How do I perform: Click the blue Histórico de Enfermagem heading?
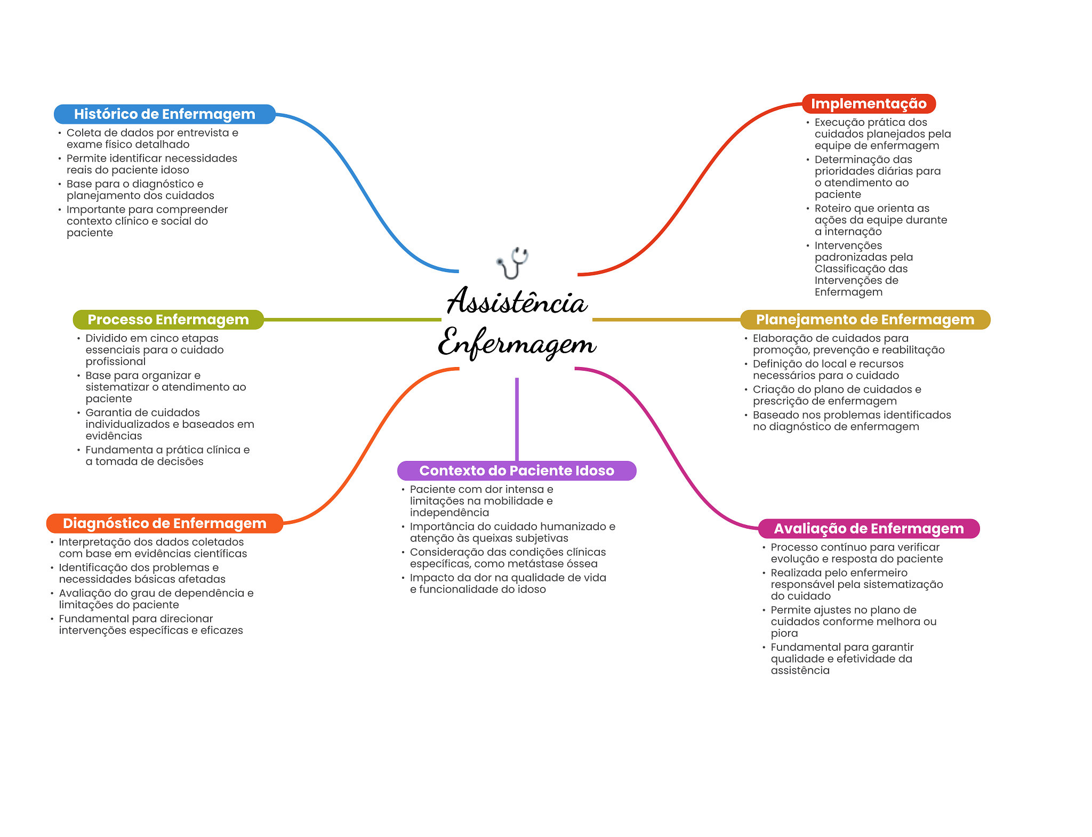tap(164, 114)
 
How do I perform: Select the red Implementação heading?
tap(869, 103)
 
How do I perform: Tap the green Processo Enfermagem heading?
tap(168, 320)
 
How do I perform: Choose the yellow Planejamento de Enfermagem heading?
tap(865, 320)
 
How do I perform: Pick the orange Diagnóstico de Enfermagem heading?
tap(164, 523)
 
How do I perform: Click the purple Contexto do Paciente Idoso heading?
tap(517, 471)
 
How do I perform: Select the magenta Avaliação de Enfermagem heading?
tap(869, 529)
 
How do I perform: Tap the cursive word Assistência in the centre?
tap(517, 302)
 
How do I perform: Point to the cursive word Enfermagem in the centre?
tap(517, 343)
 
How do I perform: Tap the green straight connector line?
tap(352, 320)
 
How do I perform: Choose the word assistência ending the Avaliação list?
tap(800, 671)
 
